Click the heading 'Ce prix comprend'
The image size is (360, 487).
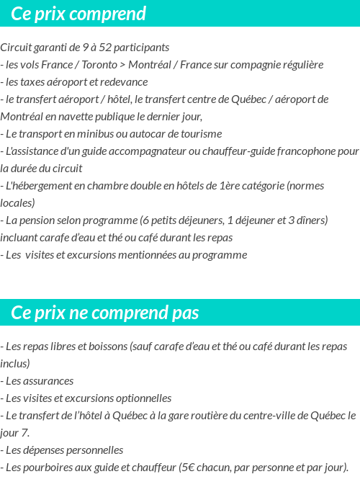click(78, 14)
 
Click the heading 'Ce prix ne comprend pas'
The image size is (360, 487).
click(105, 313)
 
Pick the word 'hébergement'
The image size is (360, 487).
click(45, 186)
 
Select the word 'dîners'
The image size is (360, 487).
click(310, 220)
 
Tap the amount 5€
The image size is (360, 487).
click(186, 468)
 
